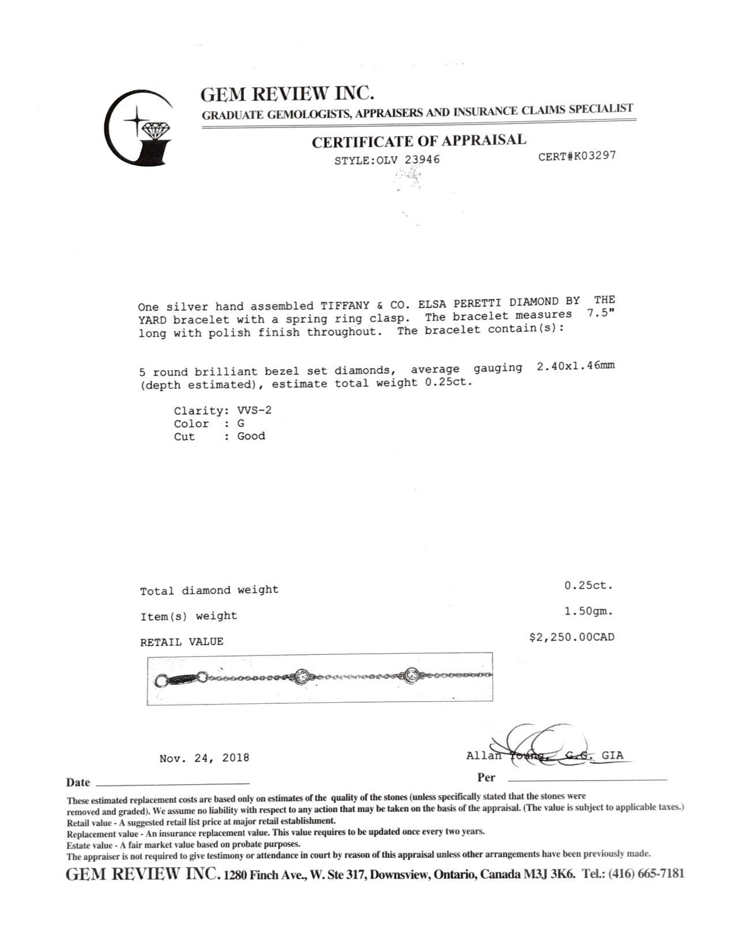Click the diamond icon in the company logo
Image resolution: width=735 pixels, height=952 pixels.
pos(154,130)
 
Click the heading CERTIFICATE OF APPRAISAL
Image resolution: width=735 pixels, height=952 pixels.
pos(419,141)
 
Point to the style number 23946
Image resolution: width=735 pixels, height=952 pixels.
pos(422,159)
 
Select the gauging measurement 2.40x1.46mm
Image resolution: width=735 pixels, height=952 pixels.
pos(575,366)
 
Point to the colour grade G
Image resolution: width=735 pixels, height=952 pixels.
pos(241,423)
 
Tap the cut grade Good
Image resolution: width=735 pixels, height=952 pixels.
pos(251,436)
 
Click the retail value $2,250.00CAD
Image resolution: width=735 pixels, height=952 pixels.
pos(572,638)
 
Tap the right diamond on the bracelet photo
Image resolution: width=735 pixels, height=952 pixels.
pos(412,674)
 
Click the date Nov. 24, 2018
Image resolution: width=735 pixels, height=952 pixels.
pos(204,758)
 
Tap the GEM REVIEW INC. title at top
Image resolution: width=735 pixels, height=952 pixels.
pos(287,94)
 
